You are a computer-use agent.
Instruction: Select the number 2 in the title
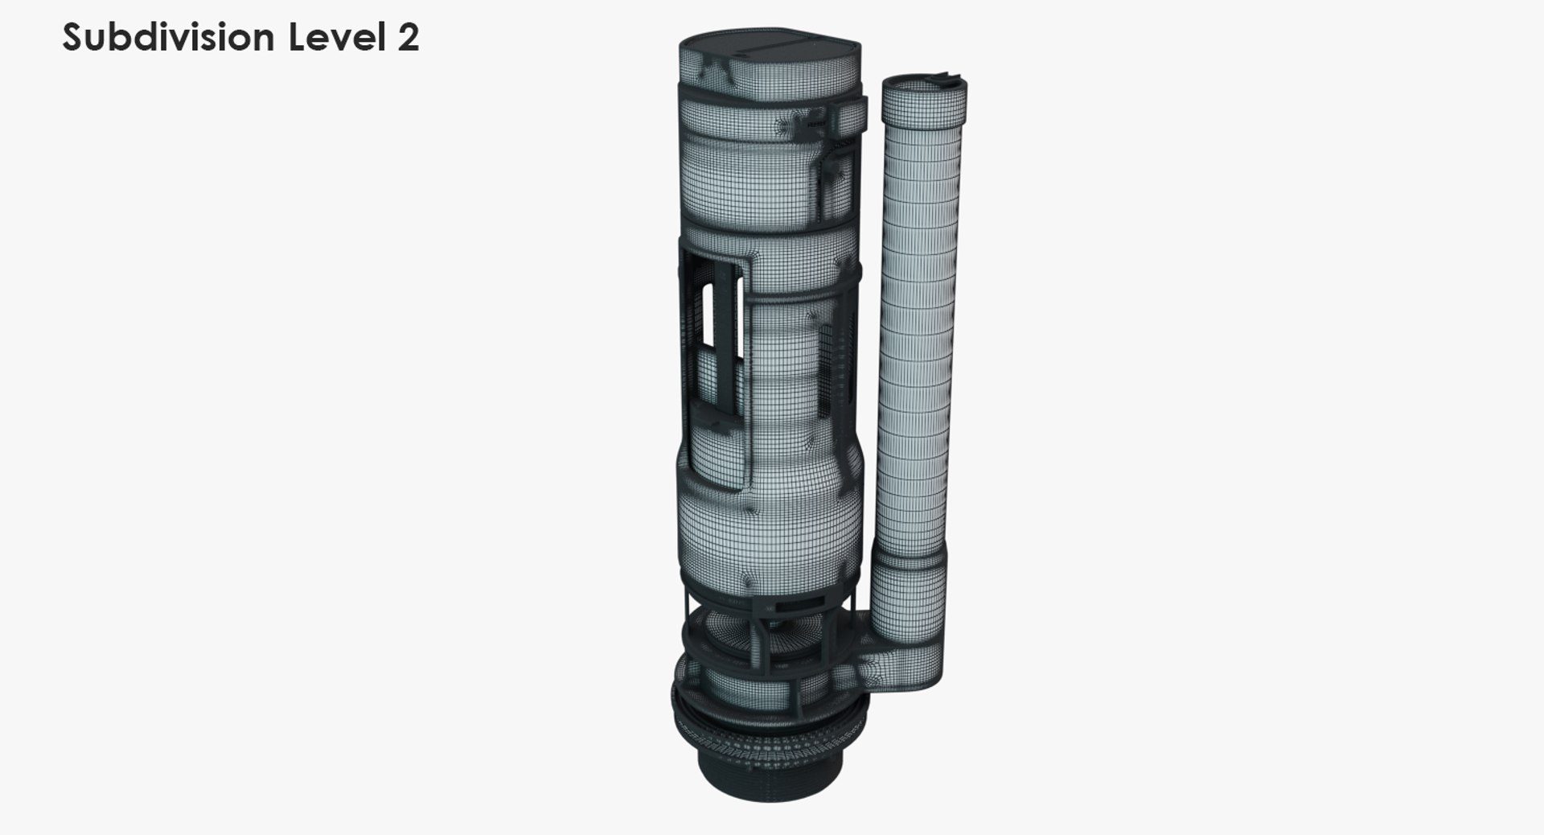(x=408, y=38)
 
